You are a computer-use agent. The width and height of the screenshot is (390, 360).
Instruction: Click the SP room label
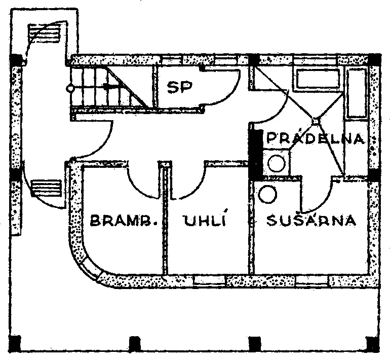click(180, 87)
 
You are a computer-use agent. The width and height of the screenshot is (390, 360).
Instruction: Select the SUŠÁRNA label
click(311, 220)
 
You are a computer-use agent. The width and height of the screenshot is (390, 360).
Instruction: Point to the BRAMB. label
click(124, 220)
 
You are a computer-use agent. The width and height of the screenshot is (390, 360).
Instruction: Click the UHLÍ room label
click(206, 220)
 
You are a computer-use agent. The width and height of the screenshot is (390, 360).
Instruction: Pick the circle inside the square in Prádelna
click(277, 163)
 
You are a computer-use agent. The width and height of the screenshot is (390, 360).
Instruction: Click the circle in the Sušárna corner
click(267, 194)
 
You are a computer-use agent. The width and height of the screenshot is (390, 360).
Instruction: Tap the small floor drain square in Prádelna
click(316, 122)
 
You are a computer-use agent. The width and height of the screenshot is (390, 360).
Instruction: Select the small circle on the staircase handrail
click(70, 88)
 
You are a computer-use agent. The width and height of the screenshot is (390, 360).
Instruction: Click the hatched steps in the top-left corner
click(45, 33)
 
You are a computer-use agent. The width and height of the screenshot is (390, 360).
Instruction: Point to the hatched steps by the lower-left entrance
click(46, 188)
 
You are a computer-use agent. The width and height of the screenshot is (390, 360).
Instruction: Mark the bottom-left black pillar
click(15, 343)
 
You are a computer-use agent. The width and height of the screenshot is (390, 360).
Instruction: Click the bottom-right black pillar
click(373, 343)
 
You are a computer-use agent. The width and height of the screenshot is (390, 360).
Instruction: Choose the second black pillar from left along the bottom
click(135, 343)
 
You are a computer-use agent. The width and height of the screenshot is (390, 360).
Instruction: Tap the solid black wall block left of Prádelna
click(256, 154)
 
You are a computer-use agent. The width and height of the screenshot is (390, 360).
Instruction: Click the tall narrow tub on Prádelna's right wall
click(357, 93)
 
